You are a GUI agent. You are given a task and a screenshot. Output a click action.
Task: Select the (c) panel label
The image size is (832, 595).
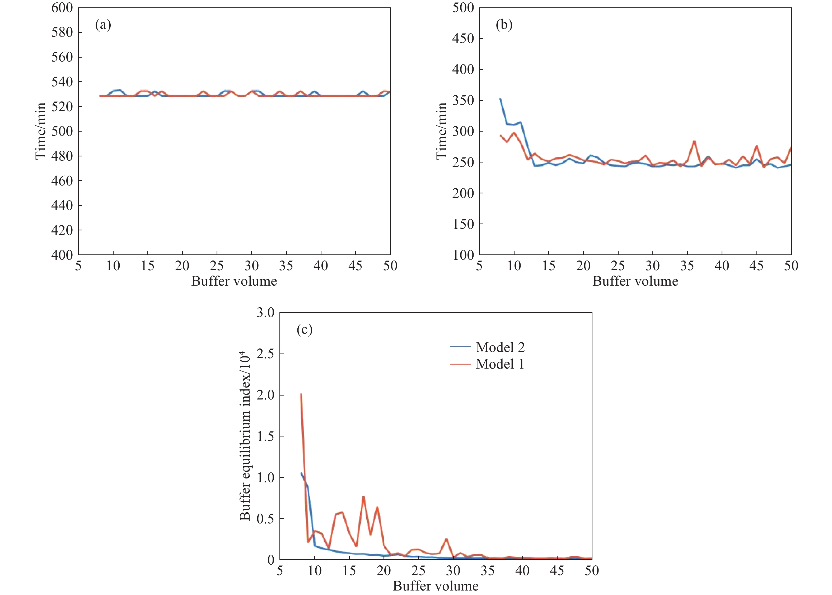[x=304, y=330]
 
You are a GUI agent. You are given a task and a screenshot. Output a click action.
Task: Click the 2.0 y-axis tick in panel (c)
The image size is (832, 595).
[x=265, y=395]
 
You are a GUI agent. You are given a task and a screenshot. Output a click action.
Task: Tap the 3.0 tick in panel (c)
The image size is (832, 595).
[x=265, y=313]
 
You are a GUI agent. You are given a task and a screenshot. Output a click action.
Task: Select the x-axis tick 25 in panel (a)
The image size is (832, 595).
[x=217, y=266]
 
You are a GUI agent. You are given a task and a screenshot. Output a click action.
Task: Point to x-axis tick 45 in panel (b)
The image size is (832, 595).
[x=756, y=266]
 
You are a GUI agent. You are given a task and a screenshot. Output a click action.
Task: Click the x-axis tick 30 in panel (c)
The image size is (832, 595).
[x=453, y=570]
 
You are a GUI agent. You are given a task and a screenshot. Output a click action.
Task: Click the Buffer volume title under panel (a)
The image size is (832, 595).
[x=234, y=281]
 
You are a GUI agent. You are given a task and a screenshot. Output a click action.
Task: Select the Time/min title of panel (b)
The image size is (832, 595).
[x=441, y=131]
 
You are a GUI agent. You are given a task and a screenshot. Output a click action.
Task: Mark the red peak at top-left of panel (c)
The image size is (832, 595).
[x=301, y=394]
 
